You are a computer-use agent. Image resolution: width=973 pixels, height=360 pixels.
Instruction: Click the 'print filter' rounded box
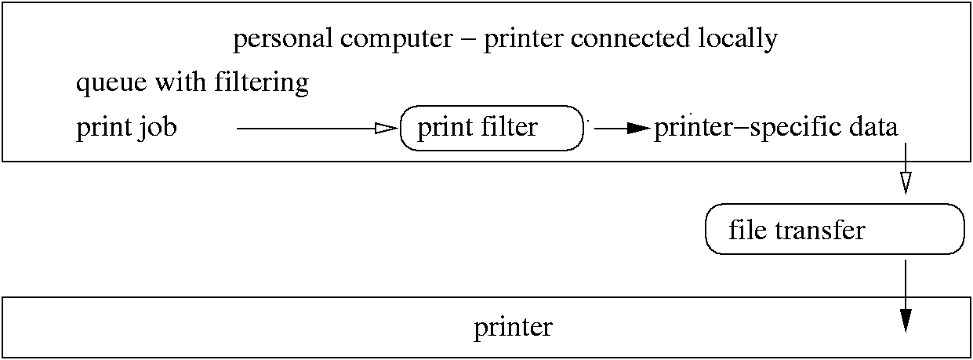pyautogui.click(x=492, y=127)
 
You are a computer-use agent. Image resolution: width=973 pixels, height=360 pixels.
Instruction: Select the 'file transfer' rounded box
pyautogui.click(x=834, y=229)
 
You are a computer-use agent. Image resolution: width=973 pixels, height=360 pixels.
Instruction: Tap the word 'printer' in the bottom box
pyautogui.click(x=513, y=327)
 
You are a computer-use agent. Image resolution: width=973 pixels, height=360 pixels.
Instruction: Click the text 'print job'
pyautogui.click(x=126, y=127)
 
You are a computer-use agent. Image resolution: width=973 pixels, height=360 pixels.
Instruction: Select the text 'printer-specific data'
pyautogui.click(x=775, y=127)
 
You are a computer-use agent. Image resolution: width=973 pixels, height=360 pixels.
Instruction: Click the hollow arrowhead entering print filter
pyautogui.click(x=387, y=128)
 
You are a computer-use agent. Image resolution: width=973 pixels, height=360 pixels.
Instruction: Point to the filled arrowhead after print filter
pyautogui.click(x=638, y=128)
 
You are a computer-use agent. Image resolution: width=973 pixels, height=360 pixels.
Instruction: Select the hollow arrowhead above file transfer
pyautogui.click(x=906, y=183)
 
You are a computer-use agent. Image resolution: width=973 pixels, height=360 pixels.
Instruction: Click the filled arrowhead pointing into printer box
pyautogui.click(x=906, y=320)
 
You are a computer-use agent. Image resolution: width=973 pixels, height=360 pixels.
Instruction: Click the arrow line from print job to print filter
pyautogui.click(x=306, y=128)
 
